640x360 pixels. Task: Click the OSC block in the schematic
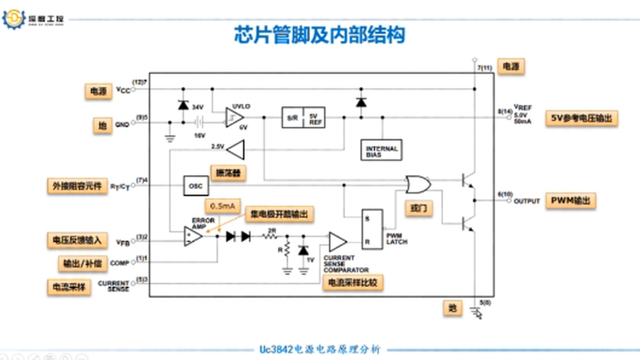195,185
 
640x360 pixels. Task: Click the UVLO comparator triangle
234,117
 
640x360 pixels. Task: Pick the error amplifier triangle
193,235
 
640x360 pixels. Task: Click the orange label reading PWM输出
570,200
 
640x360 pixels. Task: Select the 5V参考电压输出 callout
581,118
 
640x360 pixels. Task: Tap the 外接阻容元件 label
77,186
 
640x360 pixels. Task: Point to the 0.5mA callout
222,206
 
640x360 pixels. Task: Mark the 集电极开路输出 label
282,214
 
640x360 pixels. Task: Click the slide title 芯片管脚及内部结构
319,35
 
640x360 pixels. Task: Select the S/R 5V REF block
303,117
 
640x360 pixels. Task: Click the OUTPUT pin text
526,201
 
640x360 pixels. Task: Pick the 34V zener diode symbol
183,105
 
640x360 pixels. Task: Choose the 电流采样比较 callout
352,282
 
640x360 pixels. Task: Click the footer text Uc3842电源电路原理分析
320,349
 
